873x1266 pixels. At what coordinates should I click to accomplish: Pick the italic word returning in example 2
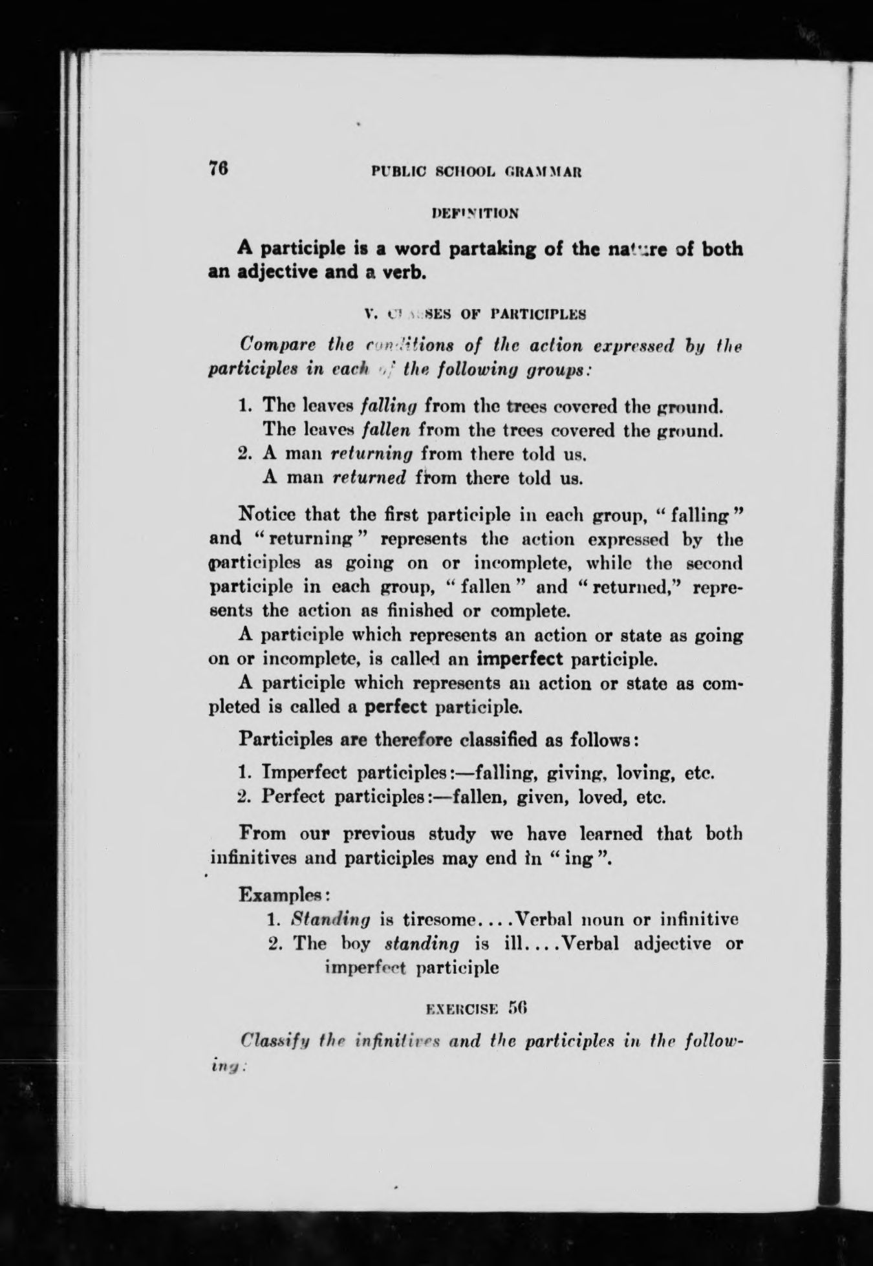click(x=371, y=454)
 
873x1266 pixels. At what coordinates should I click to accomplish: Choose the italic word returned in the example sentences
click(x=368, y=478)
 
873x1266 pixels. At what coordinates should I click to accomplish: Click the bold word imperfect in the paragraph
click(x=521, y=660)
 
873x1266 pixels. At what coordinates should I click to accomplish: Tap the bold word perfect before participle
click(x=396, y=706)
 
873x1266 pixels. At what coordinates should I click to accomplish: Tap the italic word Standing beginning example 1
click(x=331, y=919)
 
